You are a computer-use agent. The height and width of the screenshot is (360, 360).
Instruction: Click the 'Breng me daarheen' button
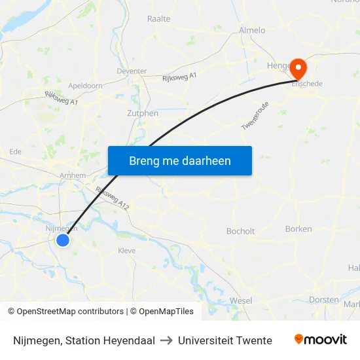[x=179, y=160]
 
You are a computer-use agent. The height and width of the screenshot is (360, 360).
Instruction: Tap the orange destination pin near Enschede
[x=298, y=67]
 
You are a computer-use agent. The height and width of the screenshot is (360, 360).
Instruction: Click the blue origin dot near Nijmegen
[x=63, y=240]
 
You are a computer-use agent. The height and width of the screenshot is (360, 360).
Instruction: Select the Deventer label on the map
[x=132, y=71]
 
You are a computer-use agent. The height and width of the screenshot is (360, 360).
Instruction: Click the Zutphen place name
[x=142, y=113]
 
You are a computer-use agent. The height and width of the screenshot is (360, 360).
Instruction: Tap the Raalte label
[x=159, y=19]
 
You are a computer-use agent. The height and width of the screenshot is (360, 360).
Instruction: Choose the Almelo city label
[x=252, y=30]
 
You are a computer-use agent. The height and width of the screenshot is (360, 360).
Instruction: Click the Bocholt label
[x=240, y=231]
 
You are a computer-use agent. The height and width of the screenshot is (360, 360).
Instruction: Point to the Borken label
[x=298, y=228]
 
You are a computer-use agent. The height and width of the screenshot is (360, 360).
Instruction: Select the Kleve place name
[x=126, y=251]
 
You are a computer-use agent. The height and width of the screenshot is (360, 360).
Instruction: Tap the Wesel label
[x=241, y=300]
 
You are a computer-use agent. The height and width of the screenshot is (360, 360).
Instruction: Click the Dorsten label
[x=323, y=300]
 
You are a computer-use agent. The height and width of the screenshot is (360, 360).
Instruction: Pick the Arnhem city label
[x=73, y=175]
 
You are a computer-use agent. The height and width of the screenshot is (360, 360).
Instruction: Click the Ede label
[x=15, y=151]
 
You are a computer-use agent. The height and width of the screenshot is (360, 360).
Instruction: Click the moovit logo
[x=321, y=340]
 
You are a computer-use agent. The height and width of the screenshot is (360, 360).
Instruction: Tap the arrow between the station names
[x=166, y=340]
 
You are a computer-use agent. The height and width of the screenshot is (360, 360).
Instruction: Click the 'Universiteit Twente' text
[x=225, y=340]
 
